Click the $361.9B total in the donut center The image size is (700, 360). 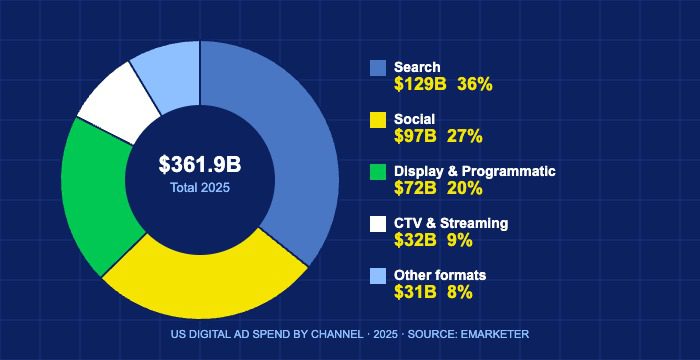point(200,164)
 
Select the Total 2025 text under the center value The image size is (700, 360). point(200,187)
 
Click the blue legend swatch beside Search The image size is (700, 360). point(378,68)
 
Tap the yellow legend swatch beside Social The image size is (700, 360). point(378,120)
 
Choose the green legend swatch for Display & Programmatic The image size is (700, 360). point(378,172)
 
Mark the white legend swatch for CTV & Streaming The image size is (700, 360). point(378,224)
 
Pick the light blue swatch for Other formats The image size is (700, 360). point(378,276)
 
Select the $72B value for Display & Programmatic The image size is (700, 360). point(416,189)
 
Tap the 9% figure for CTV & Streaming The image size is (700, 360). point(461,241)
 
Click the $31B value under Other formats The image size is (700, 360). point(416,293)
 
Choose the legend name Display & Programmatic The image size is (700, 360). point(475,171)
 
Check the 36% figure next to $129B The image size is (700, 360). point(475,85)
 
